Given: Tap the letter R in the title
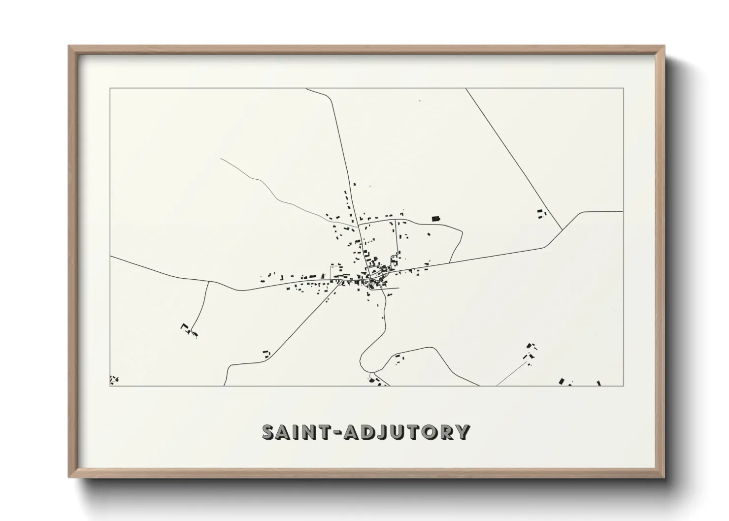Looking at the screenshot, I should [445, 432].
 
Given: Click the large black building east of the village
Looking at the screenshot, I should [435, 218].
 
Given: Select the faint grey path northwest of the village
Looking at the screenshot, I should [266, 188].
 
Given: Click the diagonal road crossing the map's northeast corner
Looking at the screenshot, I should [512, 158].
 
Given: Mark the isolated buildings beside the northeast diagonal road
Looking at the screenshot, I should [542, 213].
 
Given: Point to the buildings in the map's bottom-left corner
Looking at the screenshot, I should [114, 379].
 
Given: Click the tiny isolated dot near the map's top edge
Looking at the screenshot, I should [420, 100].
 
